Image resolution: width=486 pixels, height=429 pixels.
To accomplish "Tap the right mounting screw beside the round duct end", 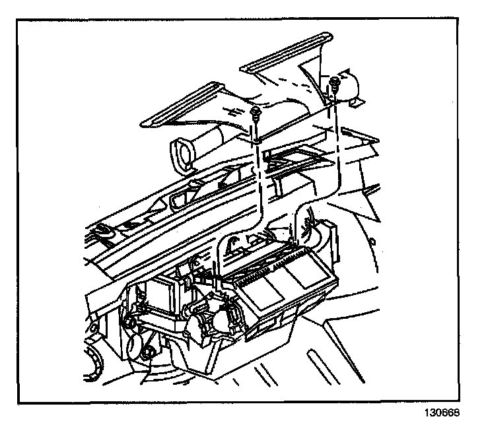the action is coord(335,82).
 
